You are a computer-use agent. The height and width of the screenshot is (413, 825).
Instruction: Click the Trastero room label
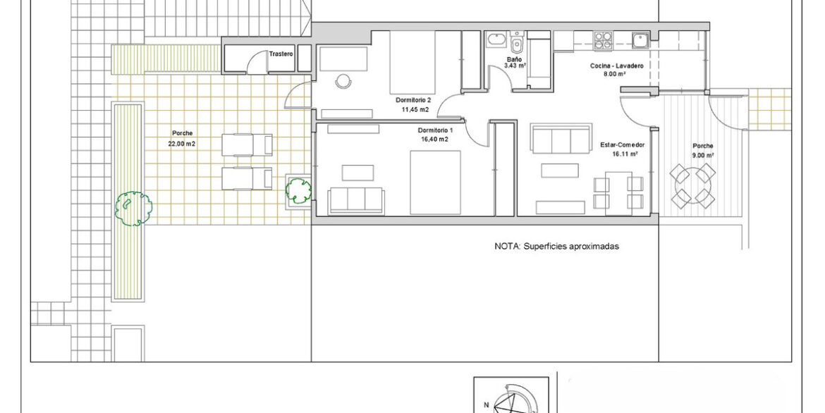tap(281, 54)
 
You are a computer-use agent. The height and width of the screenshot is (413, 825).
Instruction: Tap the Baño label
tap(514, 59)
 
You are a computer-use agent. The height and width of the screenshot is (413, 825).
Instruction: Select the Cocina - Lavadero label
tap(616, 66)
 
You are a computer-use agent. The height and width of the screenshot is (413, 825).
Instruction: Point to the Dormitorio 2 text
tap(413, 100)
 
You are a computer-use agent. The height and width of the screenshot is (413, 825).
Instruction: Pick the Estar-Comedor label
tap(623, 145)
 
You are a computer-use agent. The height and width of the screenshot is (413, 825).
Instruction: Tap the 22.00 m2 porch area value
tap(182, 143)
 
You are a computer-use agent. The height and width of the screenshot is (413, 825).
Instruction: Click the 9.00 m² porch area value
tap(703, 155)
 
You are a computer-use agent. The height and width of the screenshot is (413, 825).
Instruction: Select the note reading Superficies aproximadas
tap(571, 246)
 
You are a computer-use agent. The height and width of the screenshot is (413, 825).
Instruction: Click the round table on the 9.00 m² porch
tap(692, 184)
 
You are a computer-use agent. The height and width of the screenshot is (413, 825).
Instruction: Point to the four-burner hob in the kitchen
tap(603, 41)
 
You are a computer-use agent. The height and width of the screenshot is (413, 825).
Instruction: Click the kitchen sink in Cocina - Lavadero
tap(640, 40)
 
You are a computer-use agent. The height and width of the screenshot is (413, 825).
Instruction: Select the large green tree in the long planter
tap(134, 209)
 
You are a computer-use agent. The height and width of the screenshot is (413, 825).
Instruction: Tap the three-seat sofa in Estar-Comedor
tap(561, 139)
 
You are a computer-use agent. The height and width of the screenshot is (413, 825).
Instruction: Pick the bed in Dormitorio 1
tap(435, 183)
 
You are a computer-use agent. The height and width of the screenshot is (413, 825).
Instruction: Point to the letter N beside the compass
tap(487, 405)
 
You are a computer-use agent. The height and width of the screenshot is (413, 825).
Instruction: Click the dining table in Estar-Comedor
tap(618, 192)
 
